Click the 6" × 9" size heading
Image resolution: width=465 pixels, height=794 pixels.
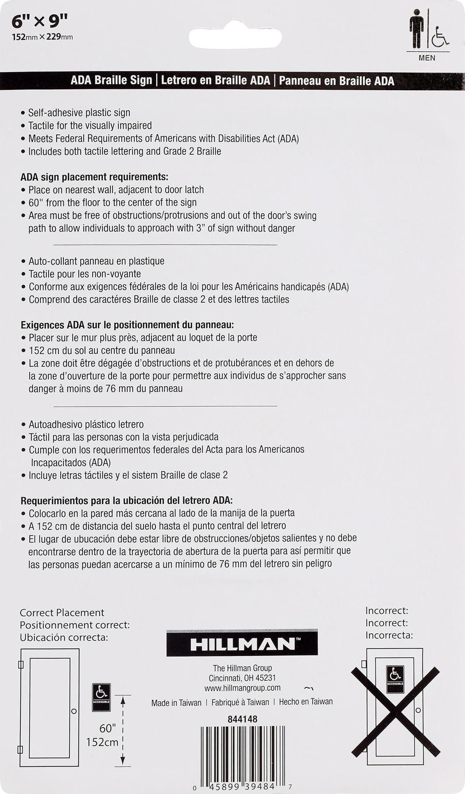(x=39, y=21)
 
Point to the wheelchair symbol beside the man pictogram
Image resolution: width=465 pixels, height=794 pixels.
(x=439, y=37)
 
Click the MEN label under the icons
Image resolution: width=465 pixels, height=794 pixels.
(x=427, y=58)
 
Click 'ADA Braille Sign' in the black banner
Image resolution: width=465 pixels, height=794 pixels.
(x=111, y=81)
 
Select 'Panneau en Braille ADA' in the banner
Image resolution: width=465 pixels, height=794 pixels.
(x=337, y=81)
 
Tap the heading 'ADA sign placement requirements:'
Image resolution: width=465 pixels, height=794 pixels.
(x=94, y=177)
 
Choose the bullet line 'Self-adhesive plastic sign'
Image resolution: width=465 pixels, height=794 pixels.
(x=79, y=113)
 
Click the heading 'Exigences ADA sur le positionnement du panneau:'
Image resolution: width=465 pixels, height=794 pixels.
(x=127, y=325)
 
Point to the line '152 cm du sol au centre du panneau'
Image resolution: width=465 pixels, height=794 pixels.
(x=102, y=350)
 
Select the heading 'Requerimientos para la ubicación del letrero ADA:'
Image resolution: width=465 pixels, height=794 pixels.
(x=127, y=501)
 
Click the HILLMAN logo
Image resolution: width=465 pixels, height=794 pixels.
(x=242, y=644)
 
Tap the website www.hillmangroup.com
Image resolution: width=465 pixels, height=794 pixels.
(x=242, y=688)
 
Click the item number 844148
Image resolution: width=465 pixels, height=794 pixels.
(x=242, y=719)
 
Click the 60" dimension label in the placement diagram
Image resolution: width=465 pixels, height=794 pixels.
(x=107, y=728)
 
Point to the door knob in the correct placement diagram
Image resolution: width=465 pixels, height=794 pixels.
(x=74, y=711)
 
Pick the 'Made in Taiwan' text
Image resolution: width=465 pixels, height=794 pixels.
(x=176, y=703)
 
